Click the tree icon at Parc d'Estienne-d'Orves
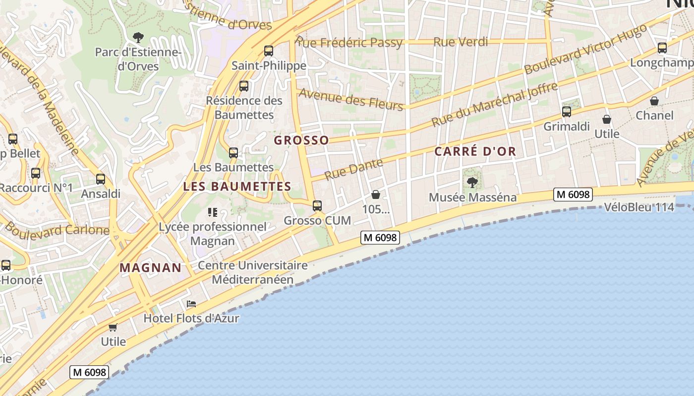coord(138,37)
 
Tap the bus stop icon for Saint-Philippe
coord(269,50)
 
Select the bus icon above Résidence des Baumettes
coord(244,86)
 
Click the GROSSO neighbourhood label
coord(301,140)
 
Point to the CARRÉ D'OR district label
coord(475,151)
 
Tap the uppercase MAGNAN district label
coord(151,268)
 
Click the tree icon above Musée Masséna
coord(472,183)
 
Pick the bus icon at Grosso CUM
coord(317,205)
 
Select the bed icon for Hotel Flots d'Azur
coord(191,303)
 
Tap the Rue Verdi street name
coord(461,42)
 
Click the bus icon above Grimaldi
coord(567,112)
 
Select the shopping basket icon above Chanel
coord(654,101)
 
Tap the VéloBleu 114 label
coord(639,207)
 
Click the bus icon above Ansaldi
coord(101,179)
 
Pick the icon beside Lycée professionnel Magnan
coord(213,213)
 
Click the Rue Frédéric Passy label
coord(349,43)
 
